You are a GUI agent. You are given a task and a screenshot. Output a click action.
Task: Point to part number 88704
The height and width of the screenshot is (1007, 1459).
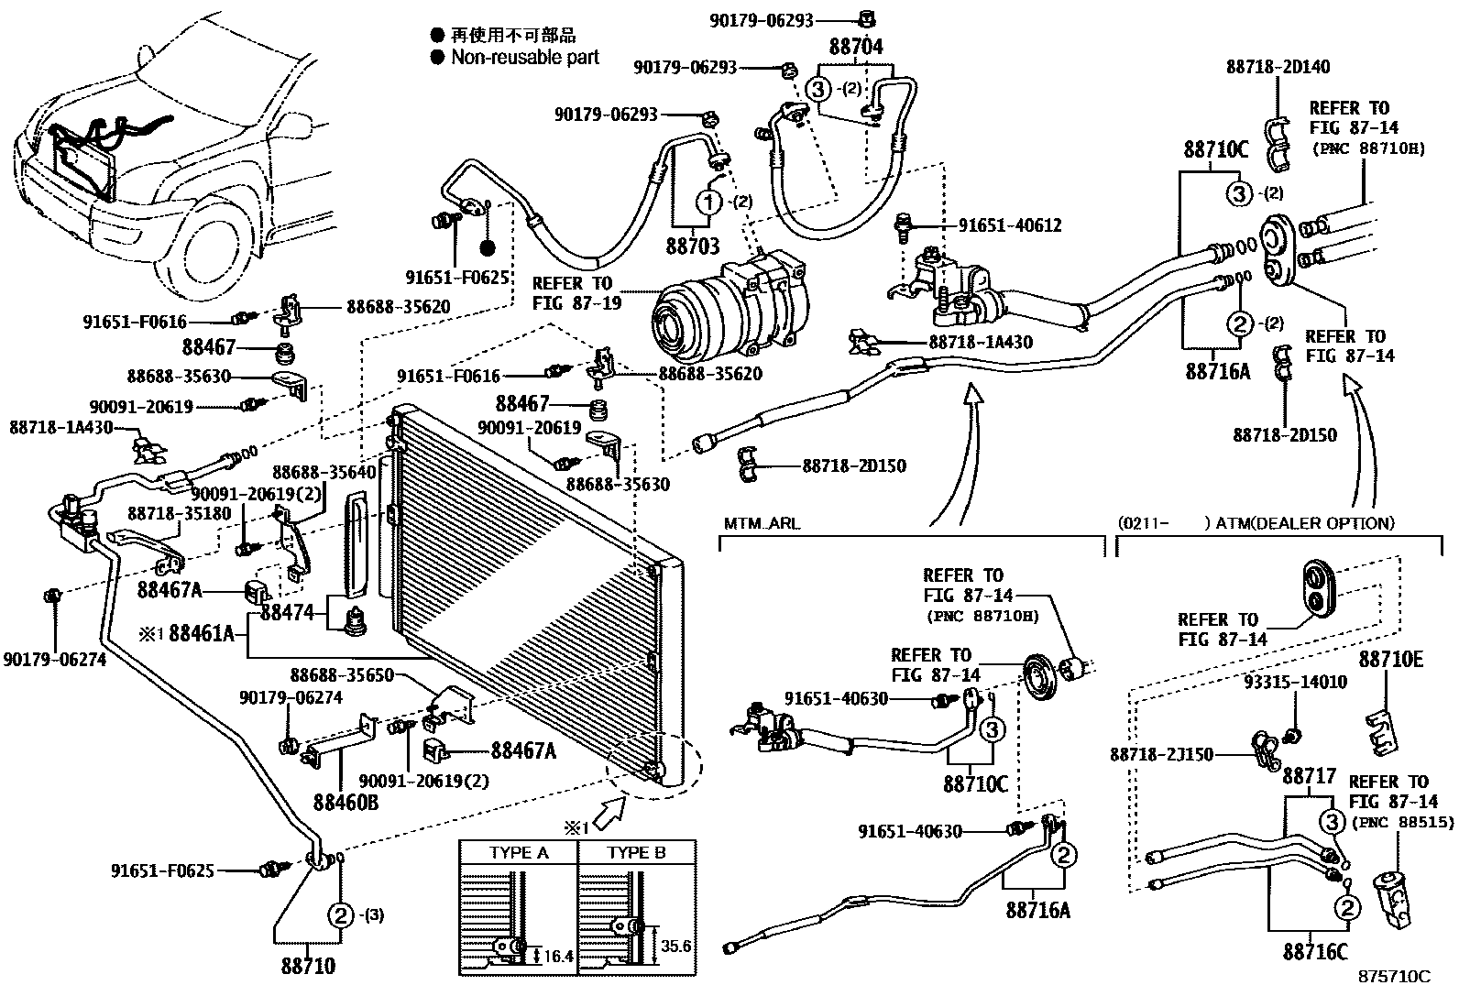coord(856,48)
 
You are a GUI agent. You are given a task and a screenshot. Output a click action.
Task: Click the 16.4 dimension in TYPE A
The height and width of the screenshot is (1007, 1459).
coord(557,957)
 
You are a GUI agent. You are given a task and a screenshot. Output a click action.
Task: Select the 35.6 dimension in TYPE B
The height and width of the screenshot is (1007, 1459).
coord(675,946)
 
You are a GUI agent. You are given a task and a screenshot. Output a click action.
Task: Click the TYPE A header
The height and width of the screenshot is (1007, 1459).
coord(519,852)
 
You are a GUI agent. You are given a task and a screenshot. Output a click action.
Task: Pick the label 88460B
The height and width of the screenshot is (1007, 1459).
coord(346,803)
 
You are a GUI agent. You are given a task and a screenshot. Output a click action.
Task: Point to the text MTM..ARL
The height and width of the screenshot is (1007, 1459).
coord(762,524)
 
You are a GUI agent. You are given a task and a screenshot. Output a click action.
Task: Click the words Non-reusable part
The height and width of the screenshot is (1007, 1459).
coord(524,57)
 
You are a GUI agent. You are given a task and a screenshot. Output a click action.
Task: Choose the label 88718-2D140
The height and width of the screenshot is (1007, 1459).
coord(1278,66)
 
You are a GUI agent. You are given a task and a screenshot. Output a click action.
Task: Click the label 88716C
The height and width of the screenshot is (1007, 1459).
coord(1315,952)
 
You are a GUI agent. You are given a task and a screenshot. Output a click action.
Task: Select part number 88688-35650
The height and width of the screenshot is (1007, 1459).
coord(342,675)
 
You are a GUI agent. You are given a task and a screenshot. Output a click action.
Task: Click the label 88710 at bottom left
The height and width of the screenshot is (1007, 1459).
coord(308,966)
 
